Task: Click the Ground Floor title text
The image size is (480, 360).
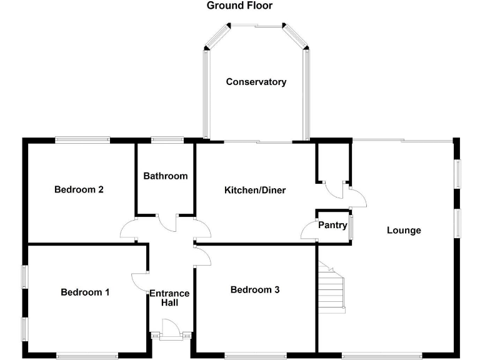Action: [239, 6]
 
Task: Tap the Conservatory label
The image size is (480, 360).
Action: [256, 82]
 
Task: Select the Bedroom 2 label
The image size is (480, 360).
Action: [78, 189]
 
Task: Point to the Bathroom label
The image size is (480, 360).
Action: [166, 176]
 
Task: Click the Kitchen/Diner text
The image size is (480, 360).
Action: [255, 189]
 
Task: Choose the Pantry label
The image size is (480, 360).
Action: [332, 225]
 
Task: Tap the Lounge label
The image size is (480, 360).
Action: [404, 230]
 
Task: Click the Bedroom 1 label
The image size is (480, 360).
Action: [85, 292]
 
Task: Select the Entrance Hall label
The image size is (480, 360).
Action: [169, 298]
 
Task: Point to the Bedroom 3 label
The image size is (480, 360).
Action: [255, 289]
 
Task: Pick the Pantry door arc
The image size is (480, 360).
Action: [309, 231]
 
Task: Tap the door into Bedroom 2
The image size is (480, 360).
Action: [129, 229]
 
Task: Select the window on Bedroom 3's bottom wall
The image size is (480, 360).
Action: [255, 356]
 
